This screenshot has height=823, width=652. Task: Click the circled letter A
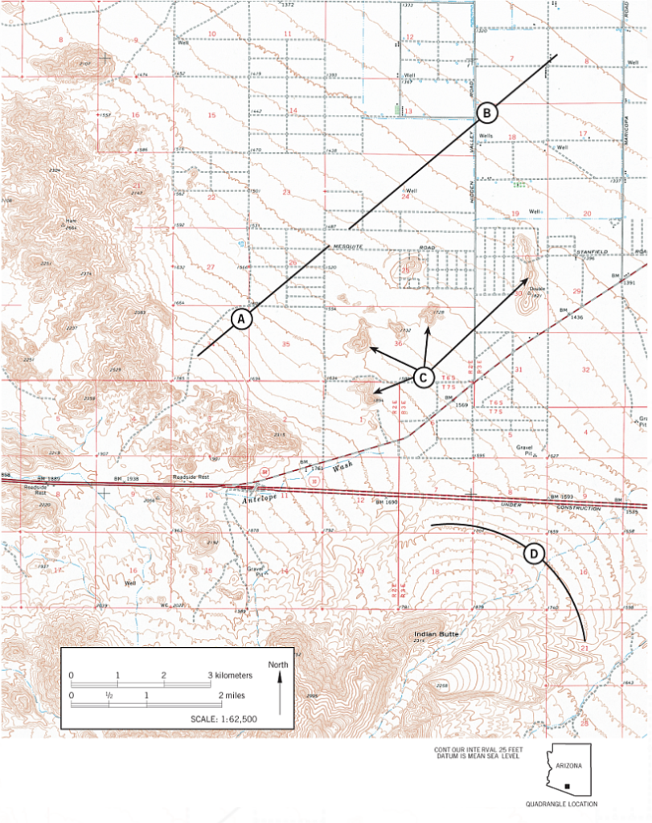tap(242, 318)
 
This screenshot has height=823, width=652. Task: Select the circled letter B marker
tap(487, 113)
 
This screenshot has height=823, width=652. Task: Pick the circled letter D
tap(534, 554)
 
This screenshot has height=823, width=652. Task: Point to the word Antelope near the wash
tap(260, 498)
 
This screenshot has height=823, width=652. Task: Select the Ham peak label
tap(72, 219)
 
